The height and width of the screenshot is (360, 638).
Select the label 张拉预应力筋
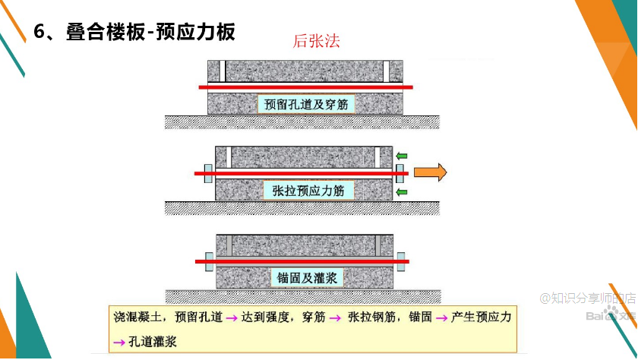tap(308, 191)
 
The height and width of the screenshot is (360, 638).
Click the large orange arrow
tap(430, 172)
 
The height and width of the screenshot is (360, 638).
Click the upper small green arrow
tap(402, 155)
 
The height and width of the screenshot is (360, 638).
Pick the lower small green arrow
tap(402, 191)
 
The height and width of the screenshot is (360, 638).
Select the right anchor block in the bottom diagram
tap(400, 261)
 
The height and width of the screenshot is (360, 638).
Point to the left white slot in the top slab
tap(223, 71)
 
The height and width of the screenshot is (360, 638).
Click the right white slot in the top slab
tap(387, 71)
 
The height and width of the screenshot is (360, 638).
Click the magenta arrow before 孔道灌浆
tap(118, 342)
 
